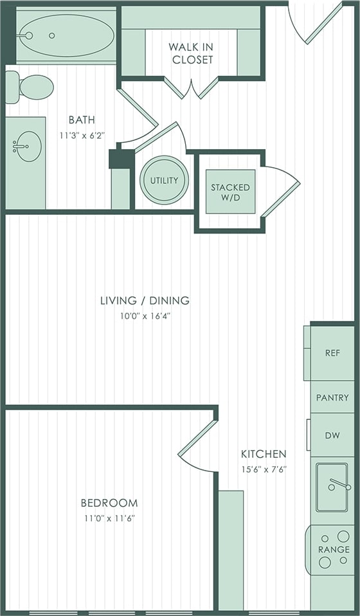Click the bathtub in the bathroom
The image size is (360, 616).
[66, 35]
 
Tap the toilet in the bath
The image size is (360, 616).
[32, 87]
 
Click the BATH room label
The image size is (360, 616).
[82, 120]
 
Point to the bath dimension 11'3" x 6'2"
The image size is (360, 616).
[82, 135]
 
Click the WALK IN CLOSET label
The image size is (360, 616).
[191, 53]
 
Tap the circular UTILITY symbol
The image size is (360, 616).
[164, 180]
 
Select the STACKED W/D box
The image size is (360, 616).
[230, 192]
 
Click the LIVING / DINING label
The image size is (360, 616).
[145, 300]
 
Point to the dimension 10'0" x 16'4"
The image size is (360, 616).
[145, 316]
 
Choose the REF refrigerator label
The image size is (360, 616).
[332, 353]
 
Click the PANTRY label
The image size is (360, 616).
[332, 398]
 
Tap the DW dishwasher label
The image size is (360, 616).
[332, 435]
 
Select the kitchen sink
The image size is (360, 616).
[332, 487]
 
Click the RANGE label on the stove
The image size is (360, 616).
[334, 550]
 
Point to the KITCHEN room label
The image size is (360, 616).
[264, 453]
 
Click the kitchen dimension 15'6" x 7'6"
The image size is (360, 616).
[264, 469]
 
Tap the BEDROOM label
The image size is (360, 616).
[109, 503]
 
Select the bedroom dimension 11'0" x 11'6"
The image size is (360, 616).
[109, 518]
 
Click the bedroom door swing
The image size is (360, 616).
[196, 444]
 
